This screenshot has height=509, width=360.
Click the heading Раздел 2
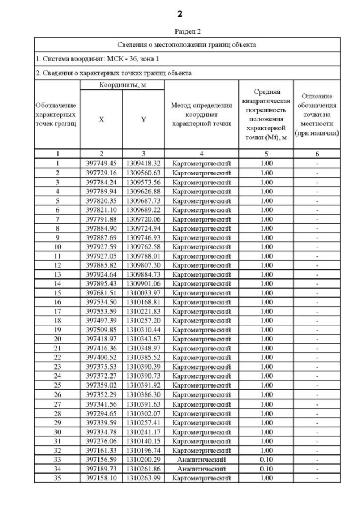(179, 31)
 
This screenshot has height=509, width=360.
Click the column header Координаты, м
(122, 84)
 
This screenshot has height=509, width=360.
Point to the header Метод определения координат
(201, 115)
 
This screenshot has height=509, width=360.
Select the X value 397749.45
(101, 163)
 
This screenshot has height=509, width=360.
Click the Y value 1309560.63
(143, 173)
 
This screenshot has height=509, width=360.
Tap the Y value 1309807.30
(143, 265)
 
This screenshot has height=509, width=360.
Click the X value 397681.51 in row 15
(101, 293)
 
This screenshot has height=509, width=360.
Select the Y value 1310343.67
(143, 339)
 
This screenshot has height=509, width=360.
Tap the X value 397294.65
(101, 413)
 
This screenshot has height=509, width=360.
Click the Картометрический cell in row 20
(201, 339)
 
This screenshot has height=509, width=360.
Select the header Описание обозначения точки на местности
(318, 115)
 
